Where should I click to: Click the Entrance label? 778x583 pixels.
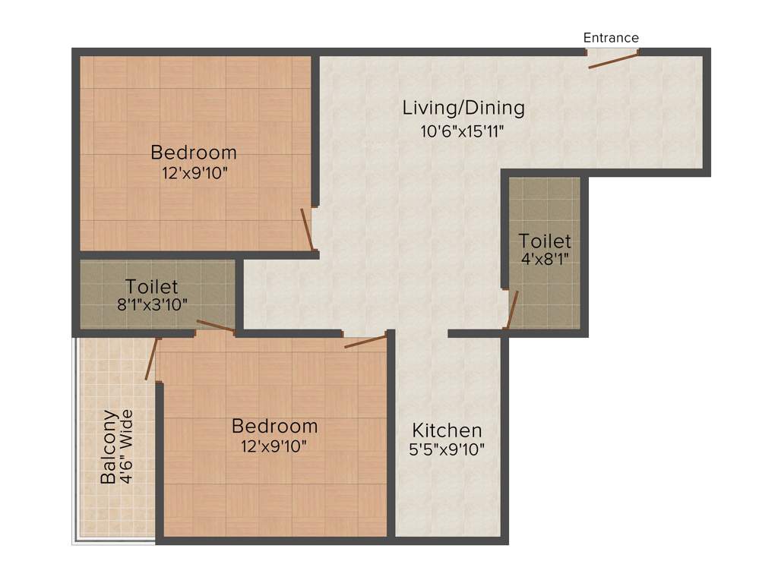coord(611,37)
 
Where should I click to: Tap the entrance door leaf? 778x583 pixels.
coord(613,61)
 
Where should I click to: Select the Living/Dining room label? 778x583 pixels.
coord(463,108)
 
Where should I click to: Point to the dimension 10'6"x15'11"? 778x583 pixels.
coord(463,131)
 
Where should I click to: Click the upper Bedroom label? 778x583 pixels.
coord(194,152)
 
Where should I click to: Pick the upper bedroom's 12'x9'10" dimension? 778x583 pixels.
coord(194,173)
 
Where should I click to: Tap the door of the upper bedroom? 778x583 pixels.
coord(306,229)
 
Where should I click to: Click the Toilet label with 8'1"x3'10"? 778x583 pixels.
coord(152,286)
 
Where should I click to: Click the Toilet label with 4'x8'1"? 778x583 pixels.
coord(545,241)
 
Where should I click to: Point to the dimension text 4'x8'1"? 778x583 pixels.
coord(545,259)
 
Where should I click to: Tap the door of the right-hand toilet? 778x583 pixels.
coord(512,310)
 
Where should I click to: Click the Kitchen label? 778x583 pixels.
coord(447,430)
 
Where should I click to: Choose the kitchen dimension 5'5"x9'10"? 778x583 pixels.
coord(447,449)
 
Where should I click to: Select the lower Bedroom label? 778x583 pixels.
coord(274,425)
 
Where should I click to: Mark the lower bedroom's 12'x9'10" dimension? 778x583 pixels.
coord(274,446)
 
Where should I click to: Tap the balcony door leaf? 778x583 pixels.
coord(152,359)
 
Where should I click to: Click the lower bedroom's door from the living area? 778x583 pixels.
coord(365,342)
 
